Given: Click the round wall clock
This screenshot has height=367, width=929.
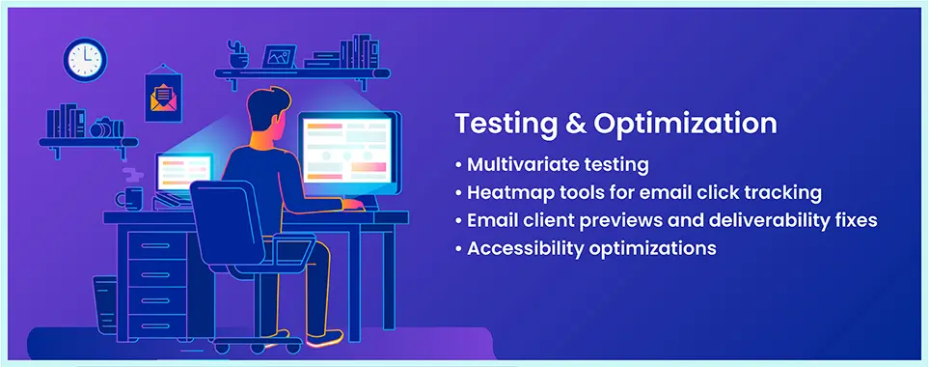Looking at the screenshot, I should click(x=84, y=59).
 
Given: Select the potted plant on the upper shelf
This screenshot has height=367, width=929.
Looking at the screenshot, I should click(x=238, y=54).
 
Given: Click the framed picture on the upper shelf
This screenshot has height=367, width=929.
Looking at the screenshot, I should click(x=280, y=57).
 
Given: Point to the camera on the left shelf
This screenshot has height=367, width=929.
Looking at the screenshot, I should click(x=105, y=127).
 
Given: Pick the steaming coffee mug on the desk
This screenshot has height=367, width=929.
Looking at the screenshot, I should click(x=129, y=198).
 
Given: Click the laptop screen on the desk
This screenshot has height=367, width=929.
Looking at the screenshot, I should click(x=184, y=173).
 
